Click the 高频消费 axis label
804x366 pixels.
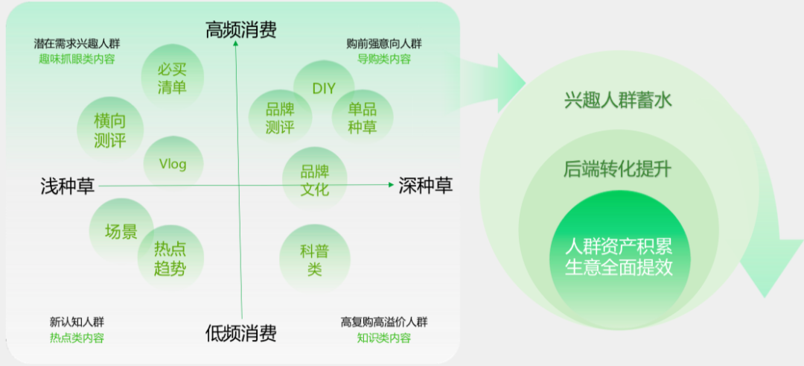point(240,31)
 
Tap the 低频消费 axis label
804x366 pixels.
point(240,334)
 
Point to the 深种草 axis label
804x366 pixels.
point(425,186)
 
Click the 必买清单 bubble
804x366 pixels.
point(171,78)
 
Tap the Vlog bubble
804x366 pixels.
point(173,164)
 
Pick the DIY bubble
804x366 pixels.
point(324,89)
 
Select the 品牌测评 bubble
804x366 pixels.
point(279,118)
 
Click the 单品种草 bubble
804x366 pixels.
point(363,118)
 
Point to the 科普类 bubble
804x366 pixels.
point(314,259)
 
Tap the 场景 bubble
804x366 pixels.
point(121,232)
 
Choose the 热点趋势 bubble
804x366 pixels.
point(170,259)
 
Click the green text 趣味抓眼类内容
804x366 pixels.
point(77,59)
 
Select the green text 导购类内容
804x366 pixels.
point(383,59)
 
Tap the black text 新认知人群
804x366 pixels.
point(77,322)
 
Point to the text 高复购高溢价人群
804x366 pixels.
point(384,322)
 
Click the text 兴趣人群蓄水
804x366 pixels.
point(617,100)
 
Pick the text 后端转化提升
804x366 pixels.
point(617,169)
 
